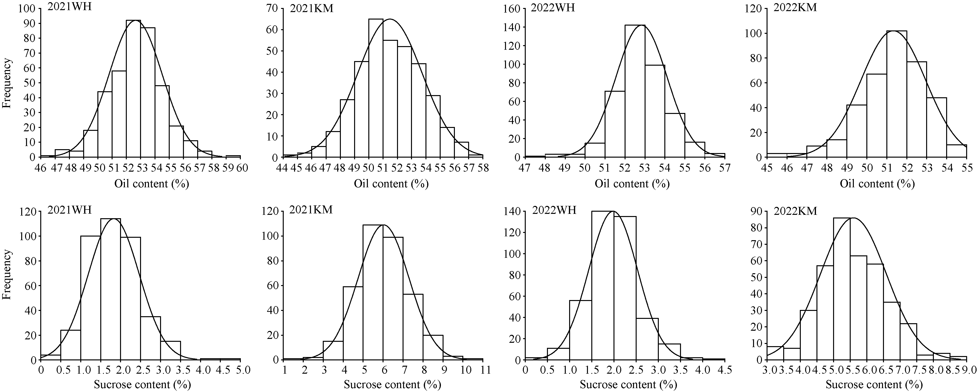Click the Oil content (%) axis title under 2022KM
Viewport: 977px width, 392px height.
click(877, 184)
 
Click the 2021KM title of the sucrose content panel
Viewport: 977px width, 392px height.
click(311, 210)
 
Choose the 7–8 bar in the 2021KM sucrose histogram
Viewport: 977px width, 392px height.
click(413, 327)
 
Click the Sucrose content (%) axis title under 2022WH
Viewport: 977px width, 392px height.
click(628, 385)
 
